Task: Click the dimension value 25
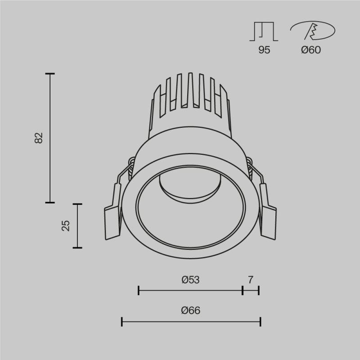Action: click(x=66, y=225)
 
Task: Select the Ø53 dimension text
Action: click(x=190, y=280)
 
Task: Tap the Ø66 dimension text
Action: click(x=190, y=310)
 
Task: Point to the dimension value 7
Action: click(x=251, y=280)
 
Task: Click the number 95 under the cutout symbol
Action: click(x=264, y=50)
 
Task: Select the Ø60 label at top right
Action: click(x=311, y=50)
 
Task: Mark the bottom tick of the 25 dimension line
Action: click(x=78, y=247)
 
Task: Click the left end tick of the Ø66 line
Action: click(x=122, y=321)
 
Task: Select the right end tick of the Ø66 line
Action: click(x=261, y=321)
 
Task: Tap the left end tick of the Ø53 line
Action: click(x=139, y=291)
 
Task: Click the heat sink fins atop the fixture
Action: click(x=190, y=92)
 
